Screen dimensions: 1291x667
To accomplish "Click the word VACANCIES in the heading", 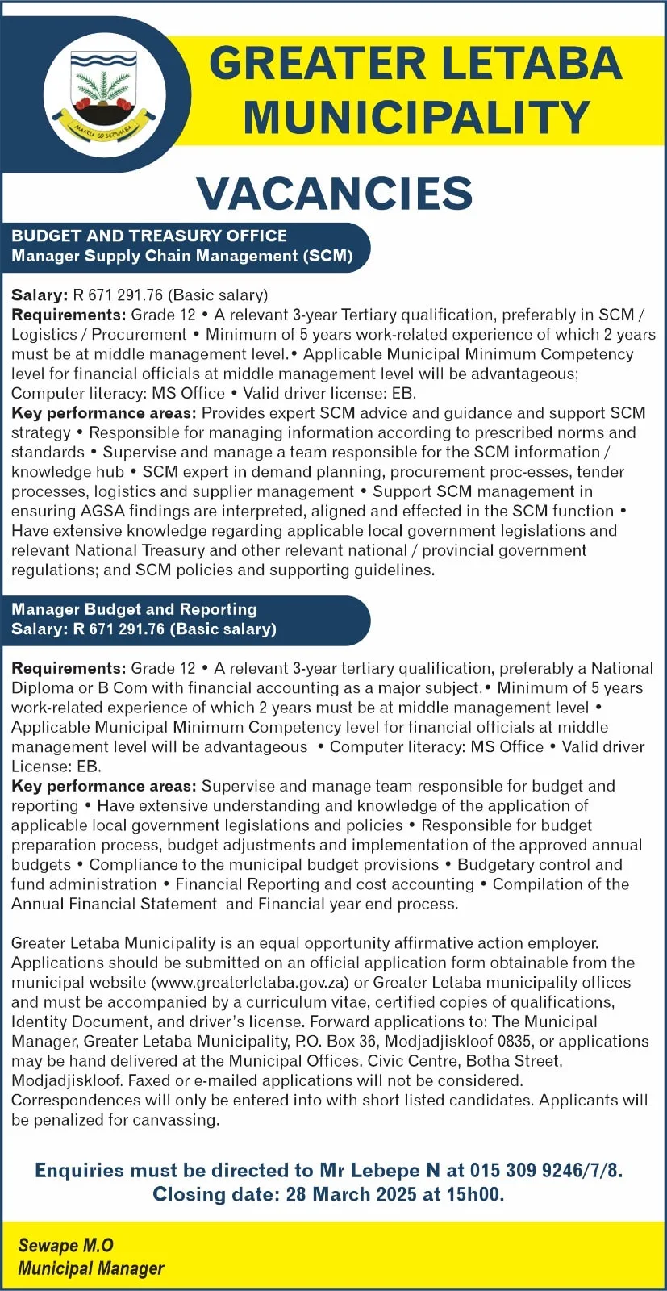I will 334,193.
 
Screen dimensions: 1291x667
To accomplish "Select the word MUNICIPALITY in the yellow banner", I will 416,117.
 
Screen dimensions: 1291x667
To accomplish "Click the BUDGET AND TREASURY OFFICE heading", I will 149,236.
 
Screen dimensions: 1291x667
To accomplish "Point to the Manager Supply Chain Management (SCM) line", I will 182,256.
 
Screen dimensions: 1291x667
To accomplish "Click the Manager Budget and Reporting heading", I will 134,609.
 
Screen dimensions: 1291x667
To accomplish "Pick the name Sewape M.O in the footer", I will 66,1246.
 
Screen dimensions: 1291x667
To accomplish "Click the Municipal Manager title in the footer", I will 90,1268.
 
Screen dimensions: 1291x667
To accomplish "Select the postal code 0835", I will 513,1041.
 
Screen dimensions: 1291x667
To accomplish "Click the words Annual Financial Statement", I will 114,904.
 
